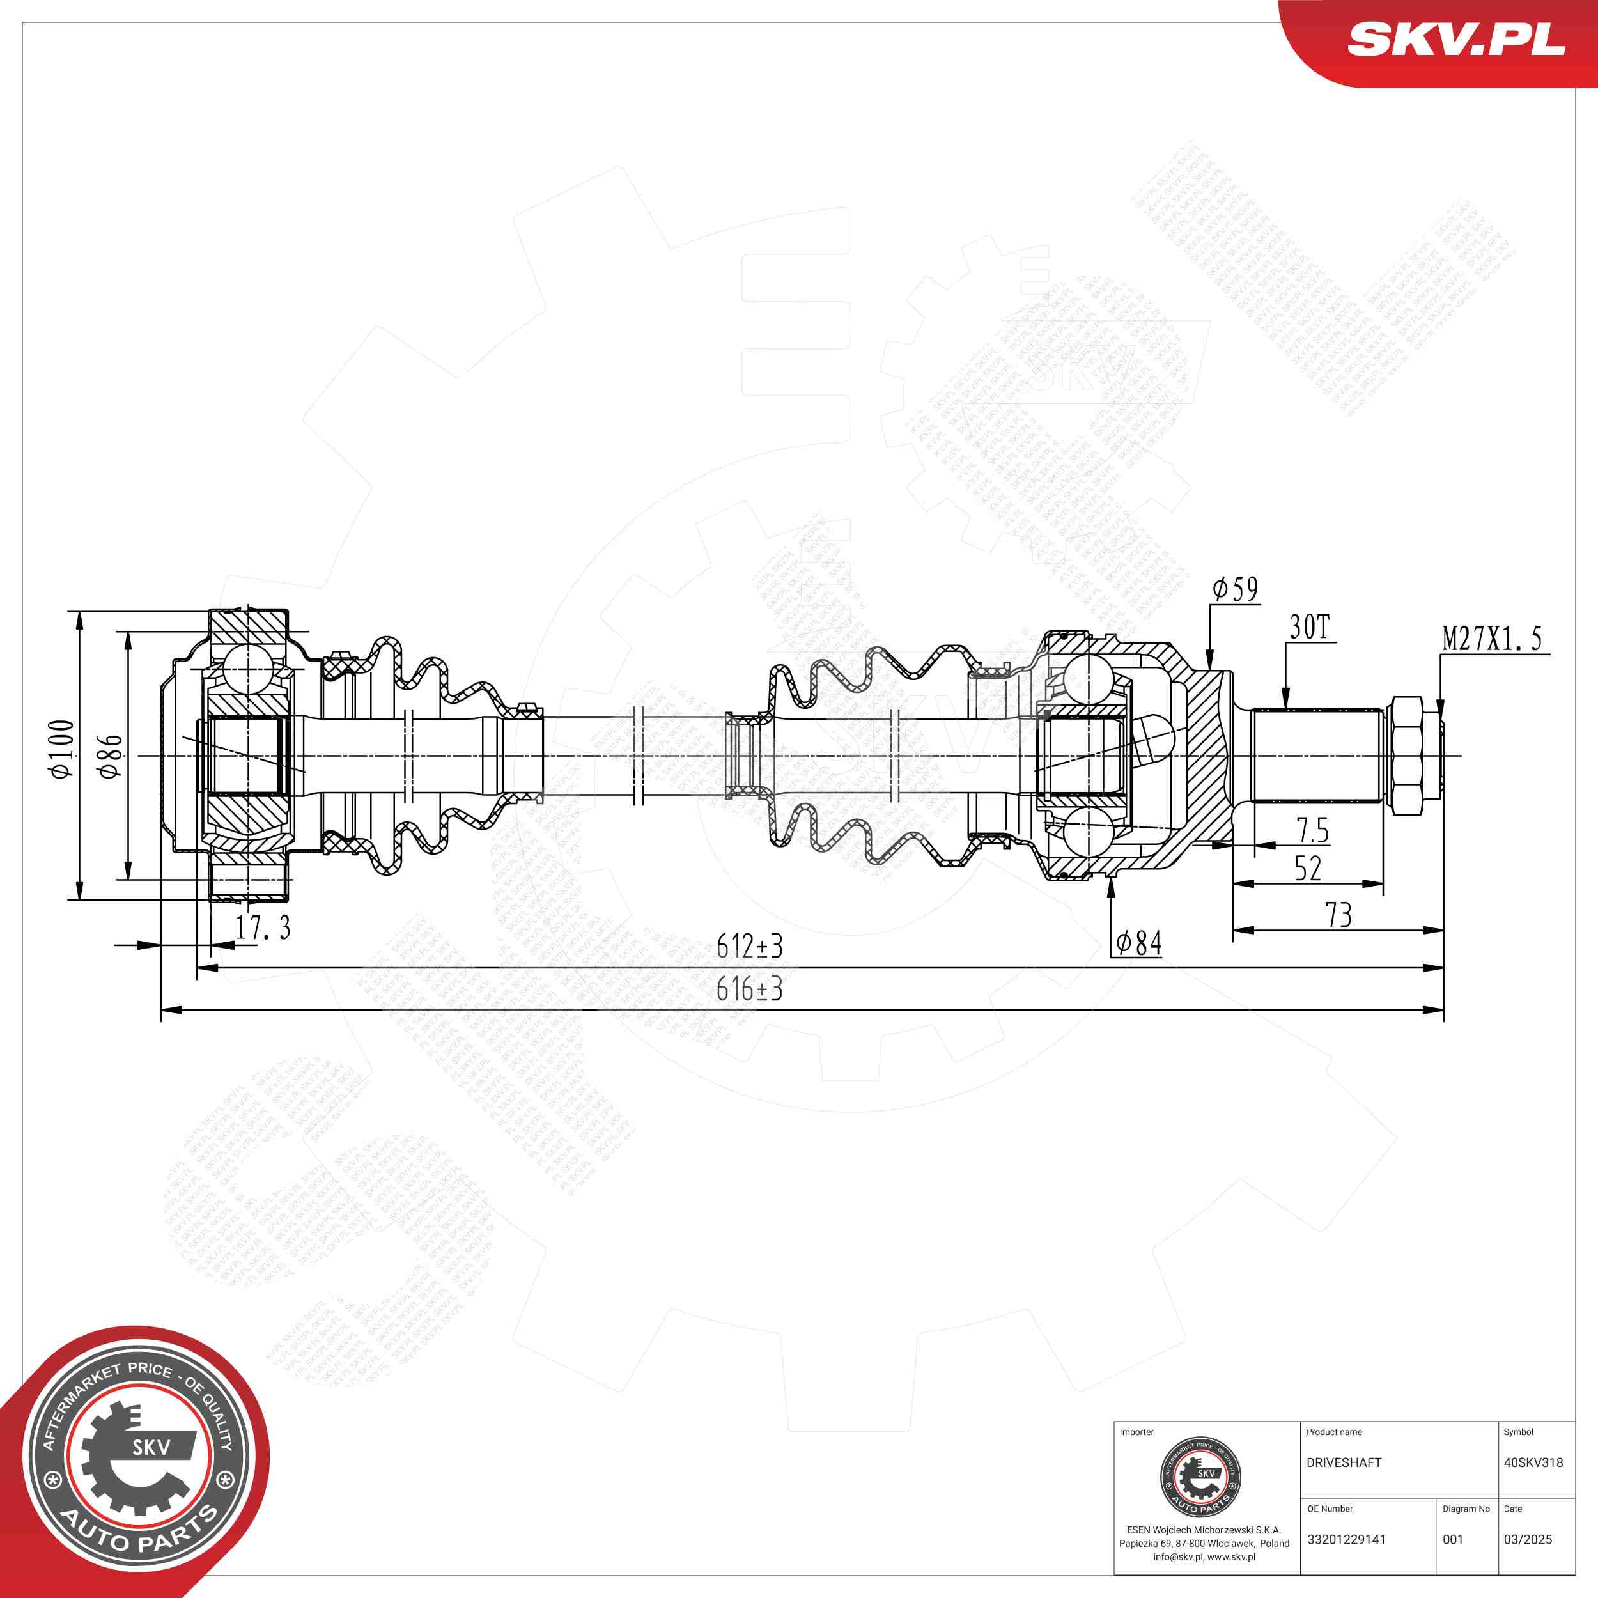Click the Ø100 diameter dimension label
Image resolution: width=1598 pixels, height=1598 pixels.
61,749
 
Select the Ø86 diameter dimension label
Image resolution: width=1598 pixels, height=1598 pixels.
110,755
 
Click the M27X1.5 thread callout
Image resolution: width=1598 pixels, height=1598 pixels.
1492,639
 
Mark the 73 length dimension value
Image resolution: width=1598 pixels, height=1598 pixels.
1338,915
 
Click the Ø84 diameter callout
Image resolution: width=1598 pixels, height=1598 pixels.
1138,943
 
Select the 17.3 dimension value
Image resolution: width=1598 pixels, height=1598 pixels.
262,928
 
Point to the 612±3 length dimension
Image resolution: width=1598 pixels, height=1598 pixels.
749,946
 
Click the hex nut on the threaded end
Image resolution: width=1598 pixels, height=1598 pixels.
1408,755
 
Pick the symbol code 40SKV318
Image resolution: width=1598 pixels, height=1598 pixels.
1533,1462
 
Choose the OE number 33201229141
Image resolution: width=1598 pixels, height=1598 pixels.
1346,1539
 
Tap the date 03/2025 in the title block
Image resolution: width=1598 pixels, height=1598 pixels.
1528,1539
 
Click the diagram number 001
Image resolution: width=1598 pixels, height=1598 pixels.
1454,1539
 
